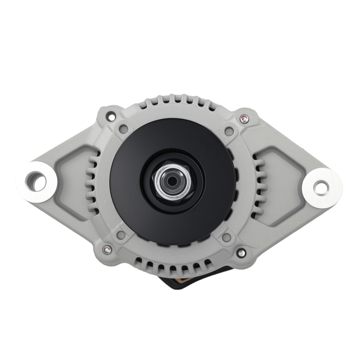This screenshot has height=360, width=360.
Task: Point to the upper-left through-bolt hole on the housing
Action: tap(111, 117)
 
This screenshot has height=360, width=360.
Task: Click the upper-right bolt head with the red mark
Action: tap(244, 118)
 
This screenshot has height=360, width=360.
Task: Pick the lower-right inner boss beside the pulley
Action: tap(226, 238)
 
